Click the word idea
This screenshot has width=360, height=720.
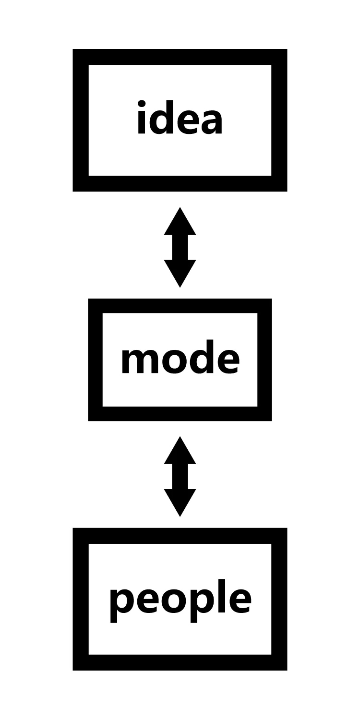click(180, 119)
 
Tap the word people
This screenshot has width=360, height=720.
click(180, 600)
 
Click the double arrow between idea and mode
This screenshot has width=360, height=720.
click(180, 247)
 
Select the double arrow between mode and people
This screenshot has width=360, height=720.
click(180, 476)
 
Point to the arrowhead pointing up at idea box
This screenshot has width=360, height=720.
click(180, 222)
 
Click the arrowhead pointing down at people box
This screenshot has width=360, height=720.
click(180, 502)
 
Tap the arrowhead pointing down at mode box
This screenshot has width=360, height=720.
click(180, 273)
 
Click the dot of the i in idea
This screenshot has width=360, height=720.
click(142, 103)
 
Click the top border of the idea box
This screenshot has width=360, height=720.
click(180, 57)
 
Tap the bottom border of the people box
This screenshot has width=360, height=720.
click(180, 662)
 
